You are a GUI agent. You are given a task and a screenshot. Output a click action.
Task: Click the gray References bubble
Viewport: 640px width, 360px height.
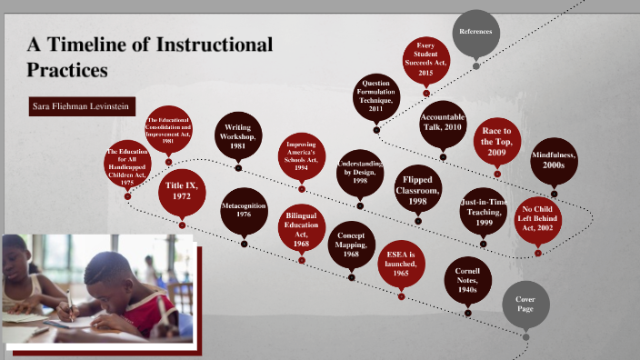[x=475, y=33]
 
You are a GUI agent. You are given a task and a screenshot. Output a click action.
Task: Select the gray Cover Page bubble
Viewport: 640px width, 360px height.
[x=525, y=305]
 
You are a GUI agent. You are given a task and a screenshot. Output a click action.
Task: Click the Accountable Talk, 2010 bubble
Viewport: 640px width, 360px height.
[x=442, y=123]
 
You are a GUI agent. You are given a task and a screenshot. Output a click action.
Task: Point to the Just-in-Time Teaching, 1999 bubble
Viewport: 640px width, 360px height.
[x=484, y=211]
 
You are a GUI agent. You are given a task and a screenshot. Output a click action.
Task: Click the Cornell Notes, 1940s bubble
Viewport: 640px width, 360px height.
[x=467, y=280]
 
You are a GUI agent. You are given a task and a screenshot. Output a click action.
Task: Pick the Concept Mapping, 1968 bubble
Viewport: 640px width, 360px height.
[x=351, y=242]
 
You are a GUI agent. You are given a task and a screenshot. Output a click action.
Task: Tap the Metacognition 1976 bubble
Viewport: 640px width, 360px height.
[x=244, y=211]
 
